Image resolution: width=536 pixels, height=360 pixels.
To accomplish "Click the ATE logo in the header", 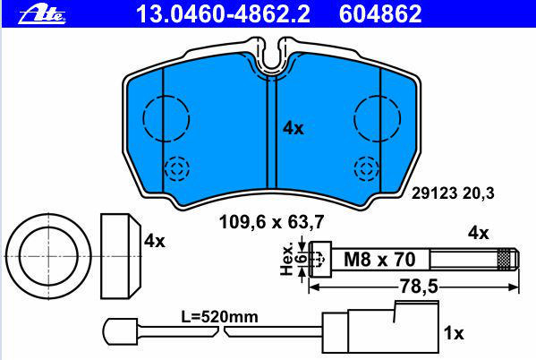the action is (x=42, y=14).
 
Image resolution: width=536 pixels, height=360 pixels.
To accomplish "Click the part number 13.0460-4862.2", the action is (x=223, y=14).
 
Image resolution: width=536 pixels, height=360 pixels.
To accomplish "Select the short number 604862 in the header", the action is (x=380, y=14).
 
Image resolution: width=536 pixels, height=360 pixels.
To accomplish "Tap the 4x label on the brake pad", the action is (x=294, y=128).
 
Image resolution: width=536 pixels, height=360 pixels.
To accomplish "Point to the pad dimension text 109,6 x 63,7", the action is (x=271, y=222).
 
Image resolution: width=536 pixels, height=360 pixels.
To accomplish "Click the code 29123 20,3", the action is (x=453, y=193).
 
